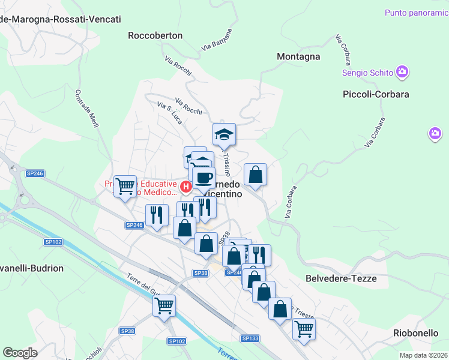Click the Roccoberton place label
pyautogui.click(x=155, y=35)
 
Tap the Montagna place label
pyautogui.click(x=298, y=56)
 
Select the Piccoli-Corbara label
pyautogui.click(x=376, y=94)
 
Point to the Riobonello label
pyautogui.click(x=415, y=332)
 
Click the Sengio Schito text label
pyautogui.click(x=367, y=73)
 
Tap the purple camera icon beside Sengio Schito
pyautogui.click(x=402, y=73)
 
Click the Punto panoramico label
pyautogui.click(x=416, y=12)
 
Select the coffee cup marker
pyautogui.click(x=204, y=176)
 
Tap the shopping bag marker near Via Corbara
pyautogui.click(x=256, y=175)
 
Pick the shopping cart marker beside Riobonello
pyautogui.click(x=304, y=329)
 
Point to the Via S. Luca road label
pyautogui.click(x=169, y=112)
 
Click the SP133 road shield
pyautogui.click(x=250, y=338)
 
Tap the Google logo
pyautogui.click(x=20, y=353)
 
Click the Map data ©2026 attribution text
pyautogui.click(x=424, y=355)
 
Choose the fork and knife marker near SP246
pyautogui.click(x=157, y=215)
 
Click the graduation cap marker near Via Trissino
pyautogui.click(x=224, y=134)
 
